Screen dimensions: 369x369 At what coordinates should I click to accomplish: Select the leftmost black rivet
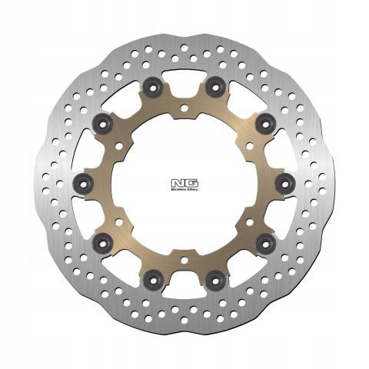pos(85,182)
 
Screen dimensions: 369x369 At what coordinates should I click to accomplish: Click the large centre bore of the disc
pos(184,182)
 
